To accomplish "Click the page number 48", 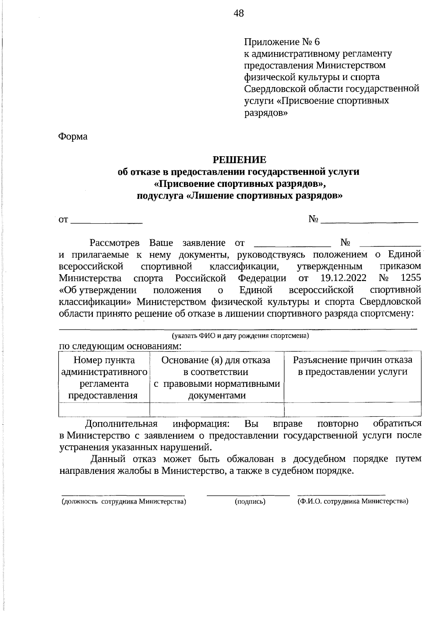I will (239, 14).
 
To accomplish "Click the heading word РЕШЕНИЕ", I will (239, 160).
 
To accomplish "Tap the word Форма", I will (73, 137).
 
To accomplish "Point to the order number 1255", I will (410, 278).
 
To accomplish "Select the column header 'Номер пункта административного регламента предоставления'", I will (104, 378).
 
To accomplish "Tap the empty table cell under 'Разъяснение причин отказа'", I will (352, 410).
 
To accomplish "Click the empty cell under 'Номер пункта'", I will (104, 410).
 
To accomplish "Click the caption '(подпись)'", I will (250, 502).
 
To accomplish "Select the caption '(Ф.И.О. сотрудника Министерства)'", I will (353, 501).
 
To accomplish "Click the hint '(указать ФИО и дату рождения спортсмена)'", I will (240, 336).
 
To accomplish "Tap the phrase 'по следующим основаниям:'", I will (120, 346).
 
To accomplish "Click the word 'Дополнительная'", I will (121, 424).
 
